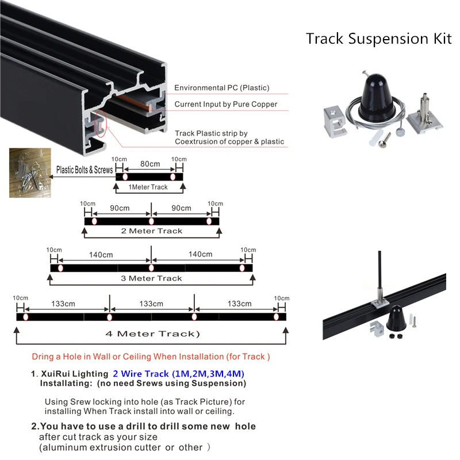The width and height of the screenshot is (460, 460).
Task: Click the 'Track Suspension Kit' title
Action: [x=379, y=39]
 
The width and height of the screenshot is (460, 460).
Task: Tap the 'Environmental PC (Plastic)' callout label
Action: [x=222, y=88]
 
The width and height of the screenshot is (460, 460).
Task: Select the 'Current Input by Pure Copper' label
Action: [x=226, y=104]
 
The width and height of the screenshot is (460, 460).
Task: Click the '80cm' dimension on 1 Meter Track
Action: [x=150, y=164]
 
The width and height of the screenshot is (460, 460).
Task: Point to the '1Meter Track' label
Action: [x=148, y=187]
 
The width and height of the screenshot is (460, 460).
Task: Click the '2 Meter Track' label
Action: [x=151, y=231]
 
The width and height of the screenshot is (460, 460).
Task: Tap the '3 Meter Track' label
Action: [x=151, y=278]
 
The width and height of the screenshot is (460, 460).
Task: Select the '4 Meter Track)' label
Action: [x=152, y=333]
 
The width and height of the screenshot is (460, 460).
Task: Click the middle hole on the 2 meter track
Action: [x=151, y=221]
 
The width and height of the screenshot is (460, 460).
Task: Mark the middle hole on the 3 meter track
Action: [x=151, y=268]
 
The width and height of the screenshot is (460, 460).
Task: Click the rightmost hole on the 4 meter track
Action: [x=276, y=317]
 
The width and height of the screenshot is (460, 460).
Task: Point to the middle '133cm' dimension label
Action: [x=151, y=304]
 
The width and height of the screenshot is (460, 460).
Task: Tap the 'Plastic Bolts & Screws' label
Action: [x=85, y=170]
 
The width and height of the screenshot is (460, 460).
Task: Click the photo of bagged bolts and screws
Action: [x=29, y=172]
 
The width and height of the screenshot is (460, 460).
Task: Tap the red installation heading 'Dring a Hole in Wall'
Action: [x=151, y=356]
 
